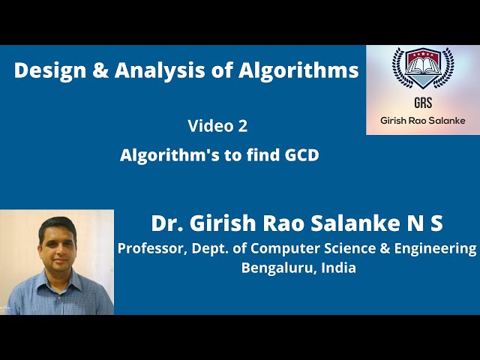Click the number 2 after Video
242,126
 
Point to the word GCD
301,156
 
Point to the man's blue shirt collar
55,272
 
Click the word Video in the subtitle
210,126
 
